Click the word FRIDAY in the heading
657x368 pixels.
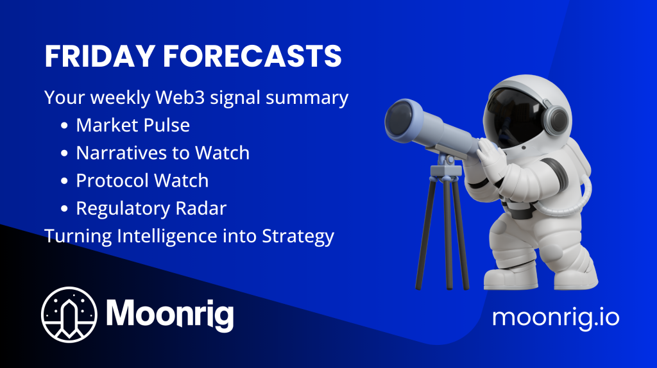100,56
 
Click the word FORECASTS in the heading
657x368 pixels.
252,56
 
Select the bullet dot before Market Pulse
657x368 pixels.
64,126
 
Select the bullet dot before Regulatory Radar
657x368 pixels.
64,208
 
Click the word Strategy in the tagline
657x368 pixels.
298,237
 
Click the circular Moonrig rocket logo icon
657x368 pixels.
69,314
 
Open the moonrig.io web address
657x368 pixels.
556,317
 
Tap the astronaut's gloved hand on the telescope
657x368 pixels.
490,156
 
